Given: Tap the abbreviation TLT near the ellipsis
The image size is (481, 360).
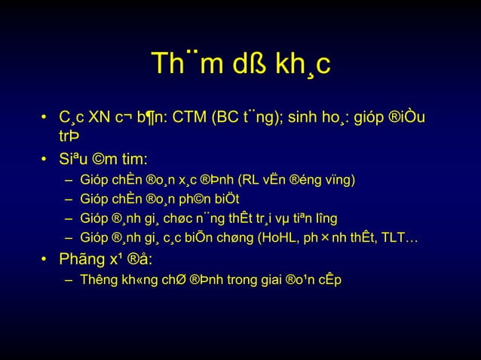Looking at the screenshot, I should (397, 239).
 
